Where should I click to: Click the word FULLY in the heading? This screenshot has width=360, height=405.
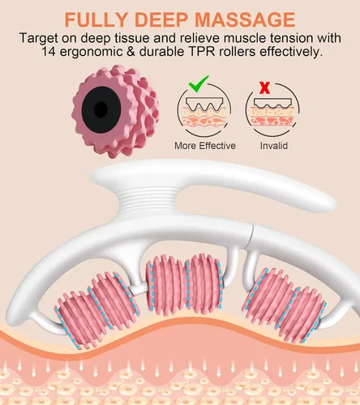[96, 19]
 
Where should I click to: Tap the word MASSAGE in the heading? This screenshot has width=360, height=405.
[245, 19]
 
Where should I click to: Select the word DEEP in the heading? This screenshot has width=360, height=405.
[161, 19]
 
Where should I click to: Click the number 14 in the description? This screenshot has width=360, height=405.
[49, 51]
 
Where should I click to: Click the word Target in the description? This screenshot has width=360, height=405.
[39, 38]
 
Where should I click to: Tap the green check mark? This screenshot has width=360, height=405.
[199, 83]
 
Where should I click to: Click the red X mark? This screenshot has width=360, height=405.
[264, 87]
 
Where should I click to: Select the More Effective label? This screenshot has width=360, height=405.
[205, 146]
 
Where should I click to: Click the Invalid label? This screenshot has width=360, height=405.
[274, 146]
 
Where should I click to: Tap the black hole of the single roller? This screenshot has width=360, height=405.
[101, 109]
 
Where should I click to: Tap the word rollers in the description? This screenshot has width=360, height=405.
[237, 51]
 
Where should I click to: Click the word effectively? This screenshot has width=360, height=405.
[291, 51]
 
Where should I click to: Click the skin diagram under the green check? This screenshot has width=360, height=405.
[204, 111]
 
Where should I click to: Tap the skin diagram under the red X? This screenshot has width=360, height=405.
[272, 111]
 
